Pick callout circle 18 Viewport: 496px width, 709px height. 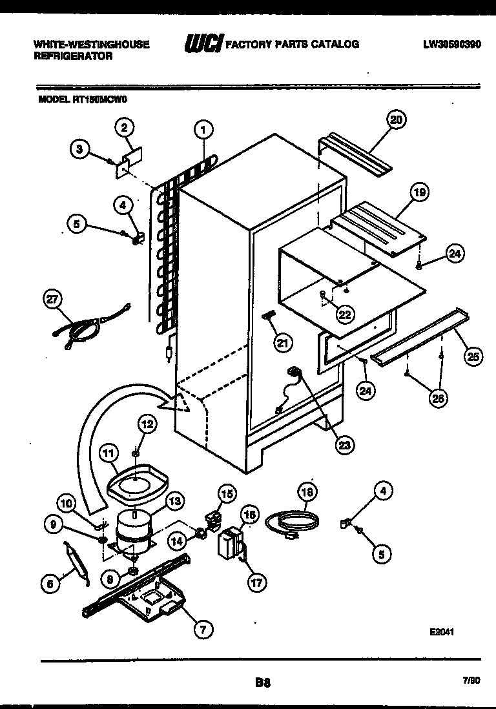308,493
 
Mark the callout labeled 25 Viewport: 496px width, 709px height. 473,355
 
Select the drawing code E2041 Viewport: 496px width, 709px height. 441,632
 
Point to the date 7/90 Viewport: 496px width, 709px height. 471,680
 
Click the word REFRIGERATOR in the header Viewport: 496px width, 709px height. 72,56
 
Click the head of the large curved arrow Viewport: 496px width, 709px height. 178,404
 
